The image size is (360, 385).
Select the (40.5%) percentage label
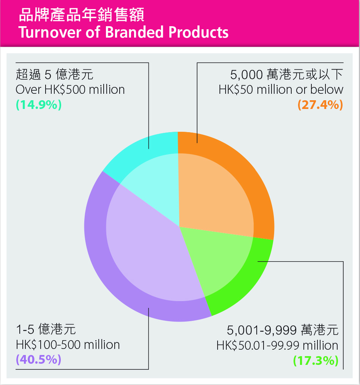click(39, 360)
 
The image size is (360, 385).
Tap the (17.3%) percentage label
click(316, 360)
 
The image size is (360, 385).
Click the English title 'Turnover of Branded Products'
click(123, 32)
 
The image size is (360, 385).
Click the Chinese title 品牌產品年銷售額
click(82, 15)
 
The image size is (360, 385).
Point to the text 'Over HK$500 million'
click(70, 89)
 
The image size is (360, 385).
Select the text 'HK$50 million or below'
click(281, 89)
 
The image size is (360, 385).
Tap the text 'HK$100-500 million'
click(68, 344)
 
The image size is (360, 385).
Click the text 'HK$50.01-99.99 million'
click(277, 346)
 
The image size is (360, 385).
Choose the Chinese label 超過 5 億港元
click(55, 74)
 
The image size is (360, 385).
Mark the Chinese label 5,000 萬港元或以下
click(287, 74)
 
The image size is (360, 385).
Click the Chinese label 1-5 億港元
click(46, 329)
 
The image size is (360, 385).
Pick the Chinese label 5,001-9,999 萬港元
click(283, 330)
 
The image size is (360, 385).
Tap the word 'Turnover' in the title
click(50, 32)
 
